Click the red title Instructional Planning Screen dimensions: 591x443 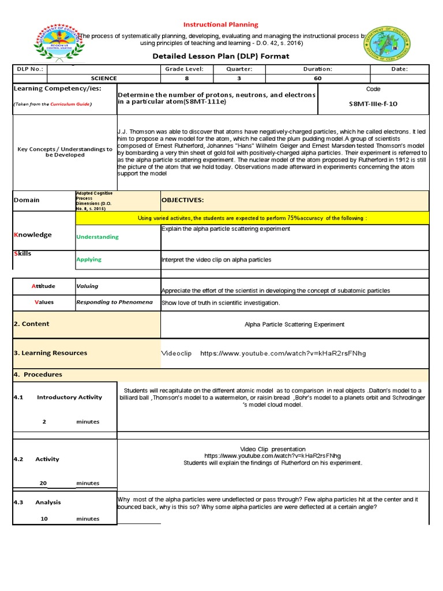pyautogui.click(x=221, y=25)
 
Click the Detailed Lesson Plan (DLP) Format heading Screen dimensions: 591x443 pyautogui.click(x=221, y=56)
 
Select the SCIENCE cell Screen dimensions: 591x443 pyautogui.click(x=104, y=78)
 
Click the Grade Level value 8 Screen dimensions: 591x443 pyautogui.click(x=186, y=78)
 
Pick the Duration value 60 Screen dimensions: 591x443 pyautogui.click(x=317, y=78)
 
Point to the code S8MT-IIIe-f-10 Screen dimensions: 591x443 pyautogui.click(x=373, y=104)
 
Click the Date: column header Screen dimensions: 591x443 pyautogui.click(x=399, y=69)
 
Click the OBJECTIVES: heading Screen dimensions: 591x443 pyautogui.click(x=182, y=200)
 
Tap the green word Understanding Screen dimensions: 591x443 pyautogui.click(x=97, y=237)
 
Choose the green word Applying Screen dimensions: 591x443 pyautogui.click(x=89, y=260)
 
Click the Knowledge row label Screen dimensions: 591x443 pyautogui.click(x=32, y=235)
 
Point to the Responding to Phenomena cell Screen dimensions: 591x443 pyautogui.click(x=114, y=302)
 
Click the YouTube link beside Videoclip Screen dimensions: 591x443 pyautogui.click(x=283, y=353)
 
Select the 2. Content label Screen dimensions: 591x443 pyautogui.click(x=32, y=324)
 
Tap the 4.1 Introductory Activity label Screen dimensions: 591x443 pyautogui.click(x=58, y=397)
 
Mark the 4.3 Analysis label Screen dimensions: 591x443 pyautogui.click(x=37, y=502)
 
